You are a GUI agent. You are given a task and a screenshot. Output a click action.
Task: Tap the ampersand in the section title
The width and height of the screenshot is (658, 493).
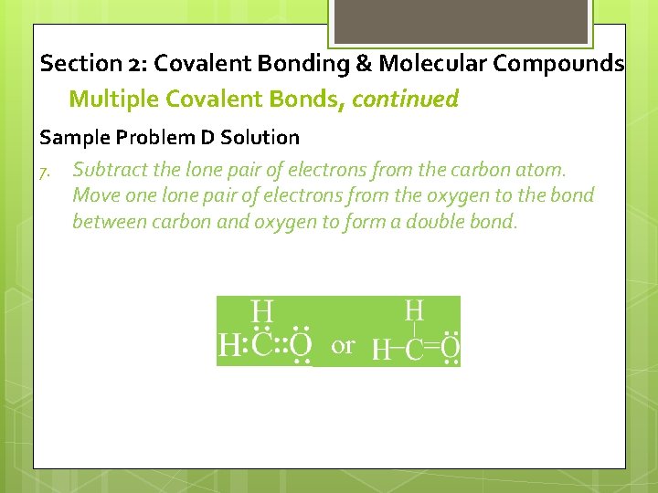pyautogui.click(x=361, y=64)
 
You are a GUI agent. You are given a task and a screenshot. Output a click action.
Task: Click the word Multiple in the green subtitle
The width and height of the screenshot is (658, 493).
pyautogui.click(x=109, y=99)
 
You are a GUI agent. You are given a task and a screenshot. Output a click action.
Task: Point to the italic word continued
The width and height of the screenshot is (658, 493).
pyautogui.click(x=405, y=99)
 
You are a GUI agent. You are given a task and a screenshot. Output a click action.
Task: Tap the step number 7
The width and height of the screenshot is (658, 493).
pyautogui.click(x=44, y=171)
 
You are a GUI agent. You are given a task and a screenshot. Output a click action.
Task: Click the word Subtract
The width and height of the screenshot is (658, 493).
pyautogui.click(x=110, y=170)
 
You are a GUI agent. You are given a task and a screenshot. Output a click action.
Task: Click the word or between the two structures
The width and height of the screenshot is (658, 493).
pyautogui.click(x=343, y=346)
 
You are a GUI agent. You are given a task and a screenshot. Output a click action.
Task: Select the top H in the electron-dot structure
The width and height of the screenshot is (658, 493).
pyautogui.click(x=263, y=310)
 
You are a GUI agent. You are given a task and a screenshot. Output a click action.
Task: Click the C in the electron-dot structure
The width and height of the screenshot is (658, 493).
pyautogui.click(x=262, y=346)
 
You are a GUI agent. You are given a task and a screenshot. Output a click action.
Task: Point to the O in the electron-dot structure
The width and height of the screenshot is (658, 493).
pyautogui.click(x=301, y=346)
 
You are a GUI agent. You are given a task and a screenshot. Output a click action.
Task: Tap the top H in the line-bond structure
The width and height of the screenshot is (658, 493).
pyautogui.click(x=414, y=309)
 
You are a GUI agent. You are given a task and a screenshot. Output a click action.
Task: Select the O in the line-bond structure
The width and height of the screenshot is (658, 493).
pyautogui.click(x=450, y=348)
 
